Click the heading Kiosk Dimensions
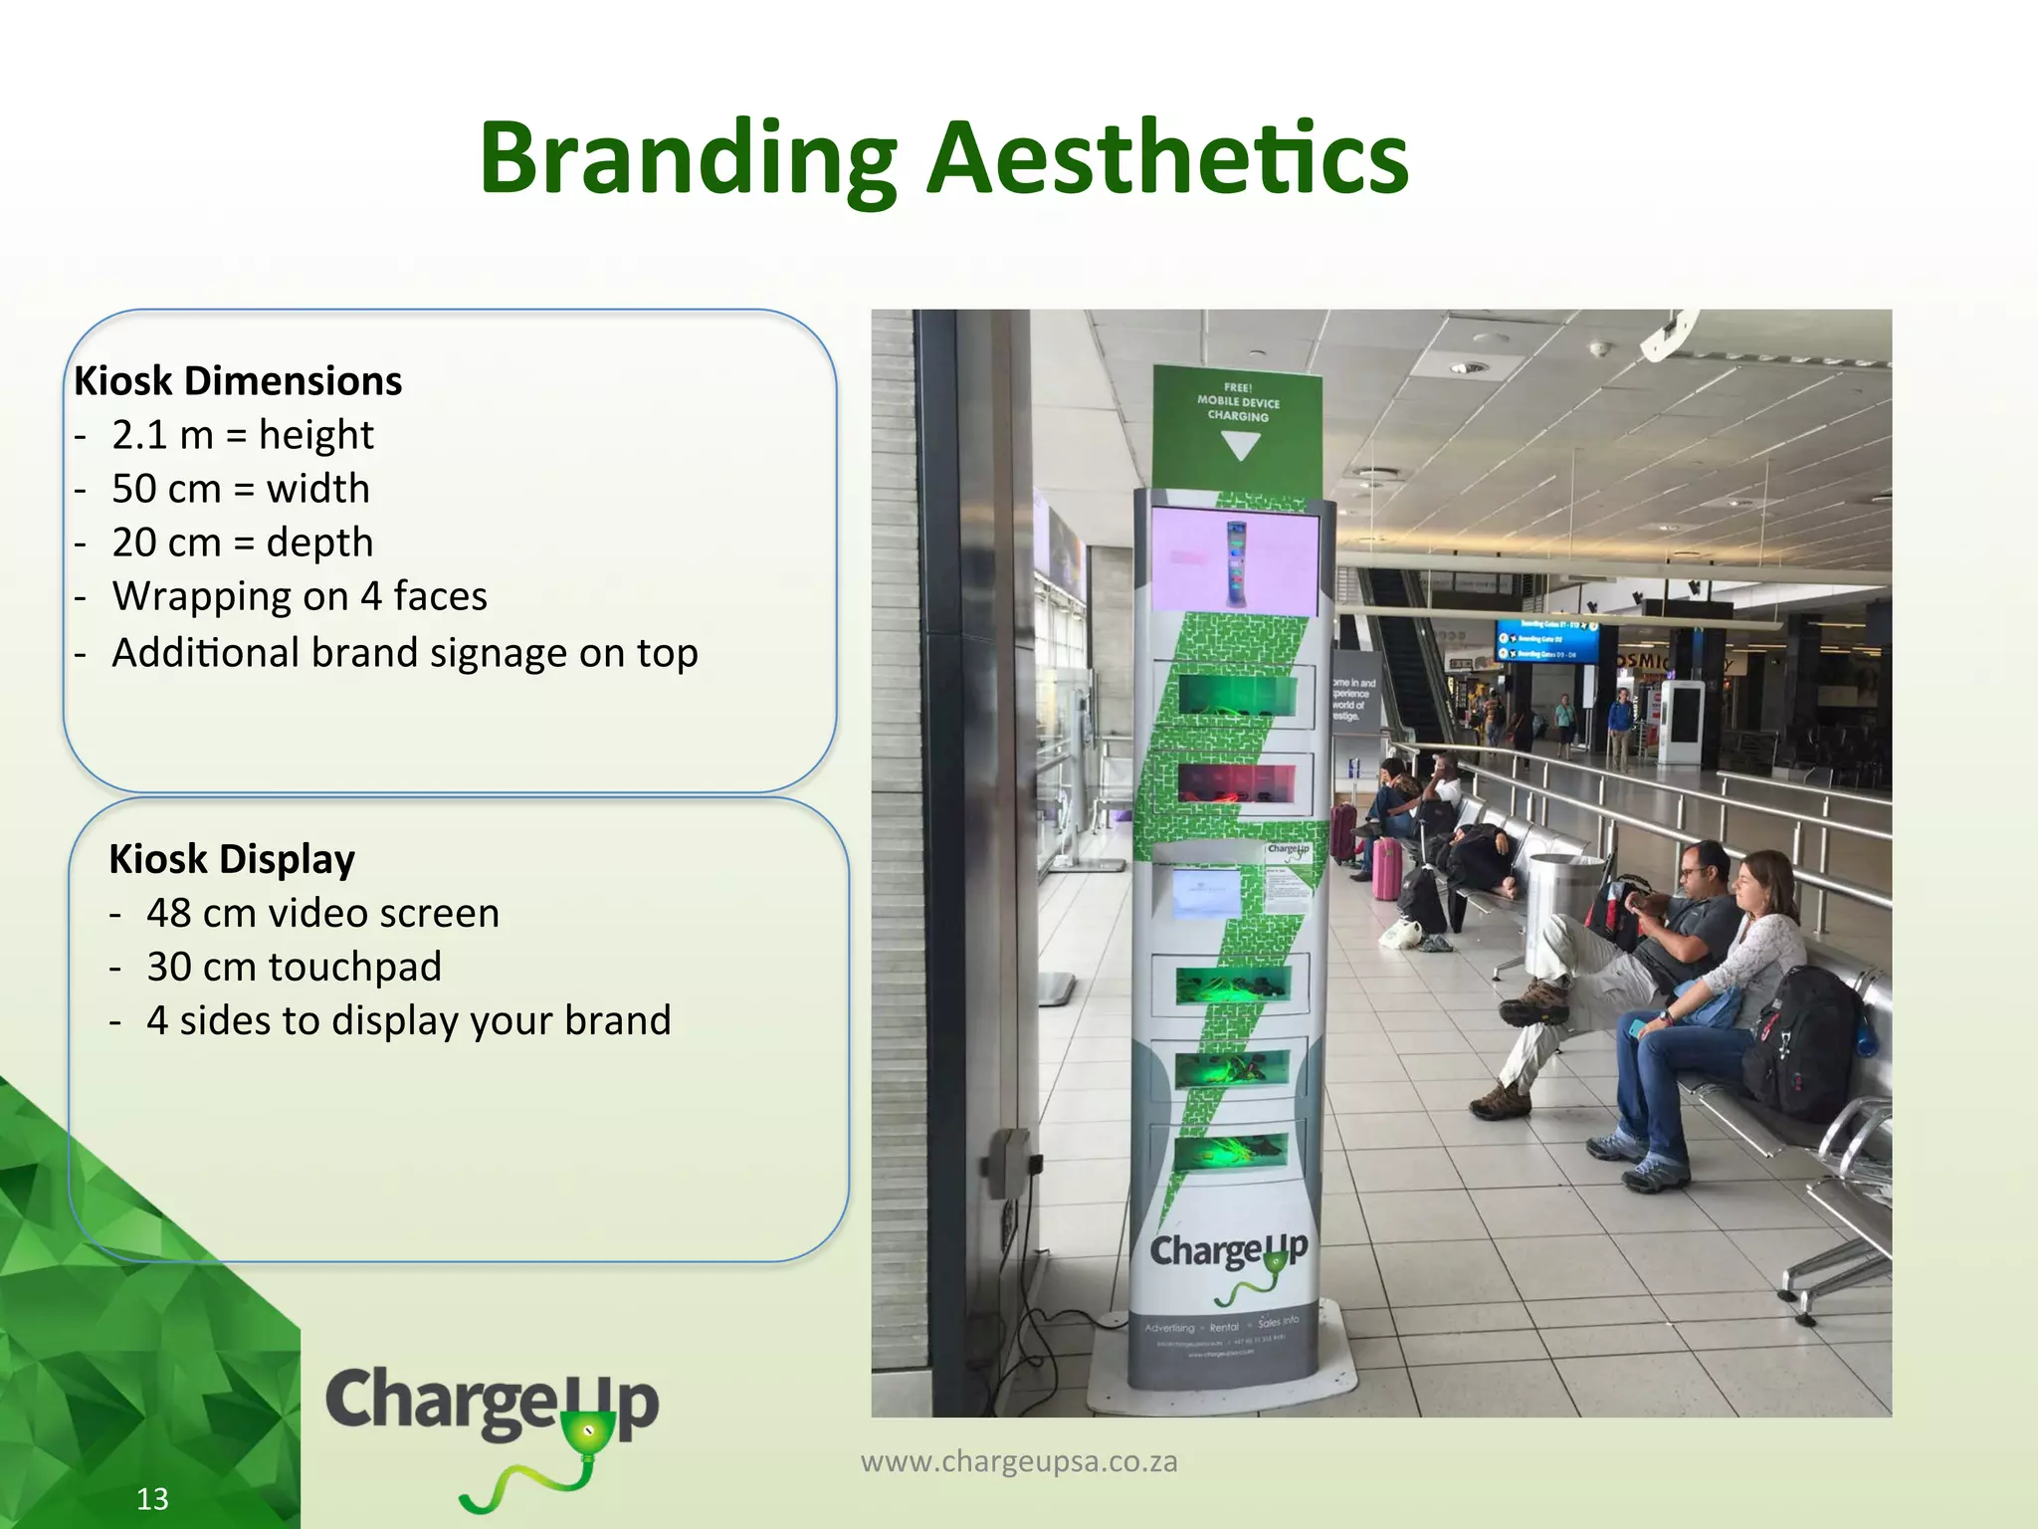pos(238,381)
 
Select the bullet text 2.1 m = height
pos(242,435)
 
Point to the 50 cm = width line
pos(240,489)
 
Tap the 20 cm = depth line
pos(242,543)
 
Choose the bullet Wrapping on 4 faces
pos(299,596)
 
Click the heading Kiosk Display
pos(232,859)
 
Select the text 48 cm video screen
pos(322,913)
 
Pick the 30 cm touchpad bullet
pos(294,967)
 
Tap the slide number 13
pos(152,1499)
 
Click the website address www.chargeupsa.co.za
pos(1019,1461)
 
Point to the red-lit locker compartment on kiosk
pos(1237,782)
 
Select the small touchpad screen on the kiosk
pos(1207,893)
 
